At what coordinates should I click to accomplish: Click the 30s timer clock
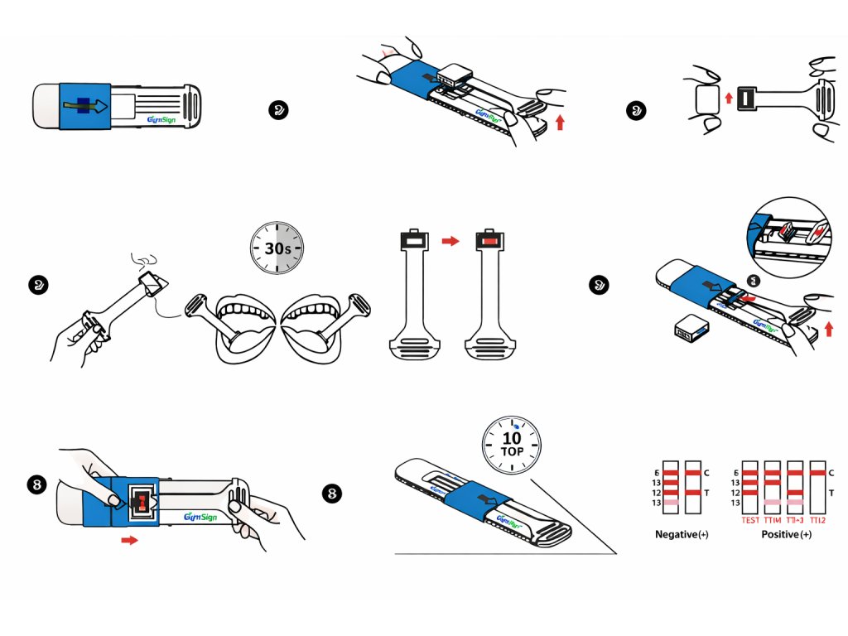(277, 248)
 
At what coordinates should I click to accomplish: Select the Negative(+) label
(684, 534)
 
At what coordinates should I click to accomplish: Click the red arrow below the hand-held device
(129, 540)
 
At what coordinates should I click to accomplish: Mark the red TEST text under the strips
(750, 520)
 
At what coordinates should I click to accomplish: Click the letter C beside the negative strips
(706, 473)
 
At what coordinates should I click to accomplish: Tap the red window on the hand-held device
(142, 502)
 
